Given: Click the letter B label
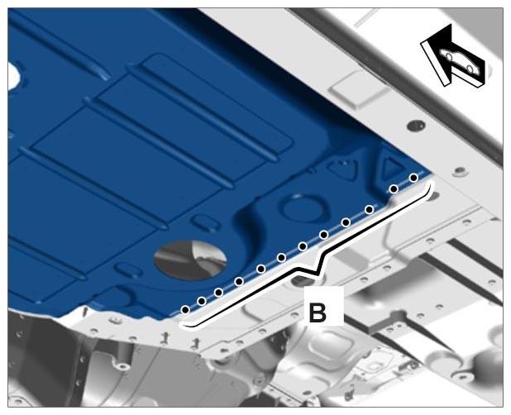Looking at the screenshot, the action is click(317, 312).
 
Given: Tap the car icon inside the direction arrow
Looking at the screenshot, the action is click(460, 61).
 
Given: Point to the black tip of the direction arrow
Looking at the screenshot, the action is click(450, 25).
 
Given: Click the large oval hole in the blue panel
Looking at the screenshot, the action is click(191, 260).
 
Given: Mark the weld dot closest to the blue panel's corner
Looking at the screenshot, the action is click(413, 178).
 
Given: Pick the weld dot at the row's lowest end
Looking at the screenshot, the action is click(185, 309).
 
